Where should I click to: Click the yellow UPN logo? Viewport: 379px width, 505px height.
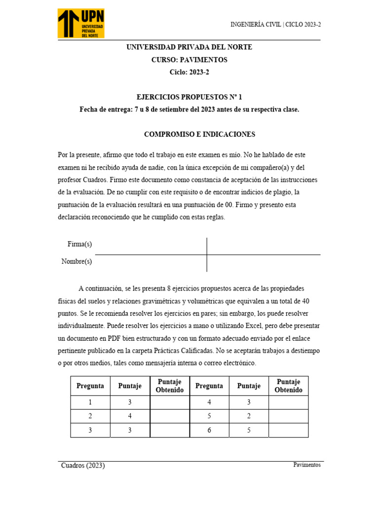[81, 23]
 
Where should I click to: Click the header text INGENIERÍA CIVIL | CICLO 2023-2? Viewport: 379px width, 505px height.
[275, 24]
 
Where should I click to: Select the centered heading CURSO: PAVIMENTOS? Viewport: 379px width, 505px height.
[189, 60]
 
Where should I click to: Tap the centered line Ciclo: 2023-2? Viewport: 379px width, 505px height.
[189, 72]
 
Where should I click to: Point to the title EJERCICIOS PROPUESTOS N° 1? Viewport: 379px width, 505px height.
[189, 98]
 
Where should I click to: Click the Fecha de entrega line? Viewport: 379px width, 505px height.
[189, 109]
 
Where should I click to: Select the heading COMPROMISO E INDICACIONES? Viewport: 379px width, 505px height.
[199, 134]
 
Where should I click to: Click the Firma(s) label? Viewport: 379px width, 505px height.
[79, 245]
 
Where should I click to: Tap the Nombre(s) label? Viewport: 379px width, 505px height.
[76, 261]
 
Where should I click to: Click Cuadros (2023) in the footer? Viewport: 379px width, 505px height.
[83, 466]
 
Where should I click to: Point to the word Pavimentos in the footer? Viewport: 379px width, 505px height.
[306, 465]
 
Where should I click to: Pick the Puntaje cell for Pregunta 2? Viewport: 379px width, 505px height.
[130, 416]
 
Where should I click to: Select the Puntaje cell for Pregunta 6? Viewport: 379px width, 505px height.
[249, 430]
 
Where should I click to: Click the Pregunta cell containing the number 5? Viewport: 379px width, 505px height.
[209, 416]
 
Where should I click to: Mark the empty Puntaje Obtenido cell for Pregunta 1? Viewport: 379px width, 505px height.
[169, 402]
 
